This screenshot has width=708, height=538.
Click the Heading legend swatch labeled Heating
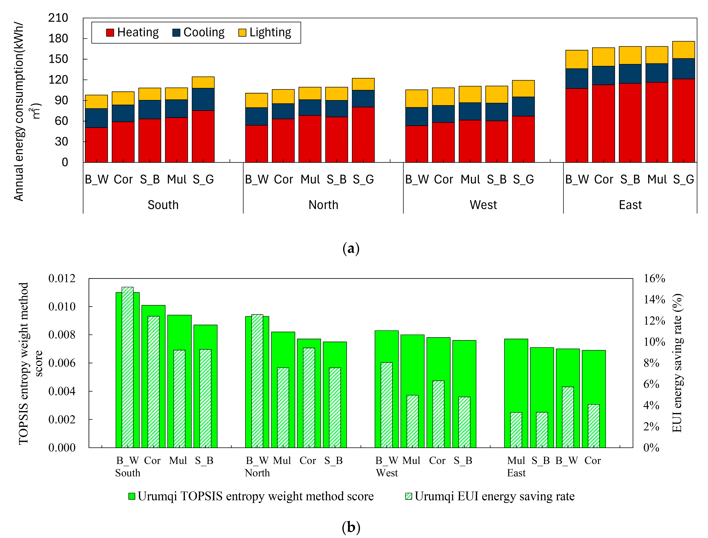tap(110, 33)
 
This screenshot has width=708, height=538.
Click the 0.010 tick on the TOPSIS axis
tap(62, 306)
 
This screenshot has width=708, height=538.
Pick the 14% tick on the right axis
tap(654, 299)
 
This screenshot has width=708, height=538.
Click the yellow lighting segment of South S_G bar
tap(203, 82)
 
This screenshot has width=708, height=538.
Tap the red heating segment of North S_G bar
tap(363, 134)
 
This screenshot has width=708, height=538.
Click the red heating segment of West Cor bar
tap(443, 142)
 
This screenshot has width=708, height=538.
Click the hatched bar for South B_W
tap(128, 367)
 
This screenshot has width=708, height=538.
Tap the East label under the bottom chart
tap(516, 473)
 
